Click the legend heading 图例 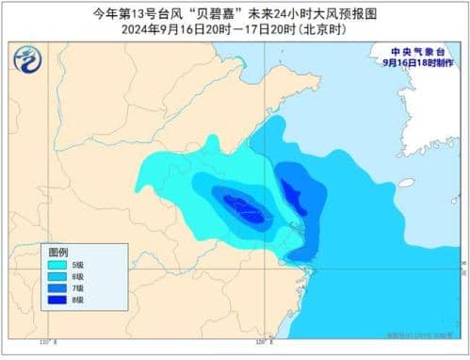[x=58, y=253]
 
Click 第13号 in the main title [x=122, y=12]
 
